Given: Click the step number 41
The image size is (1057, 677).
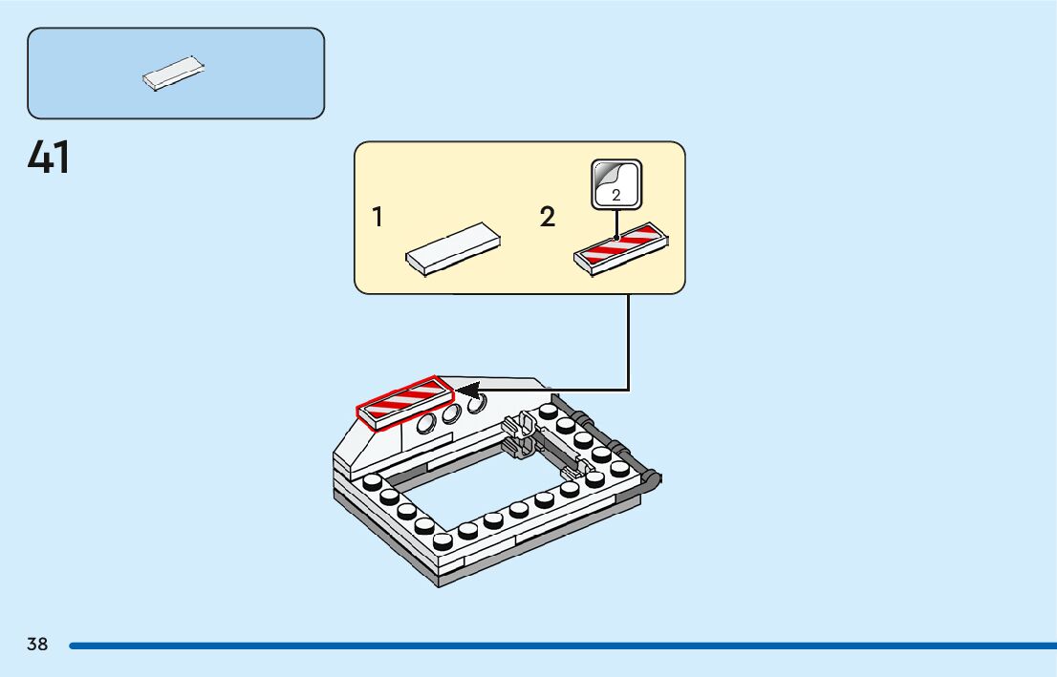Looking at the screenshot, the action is tap(49, 158).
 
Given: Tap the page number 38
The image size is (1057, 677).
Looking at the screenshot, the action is tap(37, 645).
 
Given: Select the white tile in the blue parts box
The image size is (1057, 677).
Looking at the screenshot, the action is tap(174, 74).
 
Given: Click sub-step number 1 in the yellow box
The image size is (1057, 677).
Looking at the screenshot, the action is tap(378, 218).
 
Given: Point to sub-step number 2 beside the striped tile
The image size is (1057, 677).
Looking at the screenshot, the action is tap(547, 218).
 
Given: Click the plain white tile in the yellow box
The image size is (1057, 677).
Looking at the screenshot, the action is tap(453, 248).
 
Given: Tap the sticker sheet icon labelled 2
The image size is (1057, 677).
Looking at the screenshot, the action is tap(616, 183).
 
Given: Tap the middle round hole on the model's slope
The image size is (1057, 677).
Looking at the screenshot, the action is tap(452, 412).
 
